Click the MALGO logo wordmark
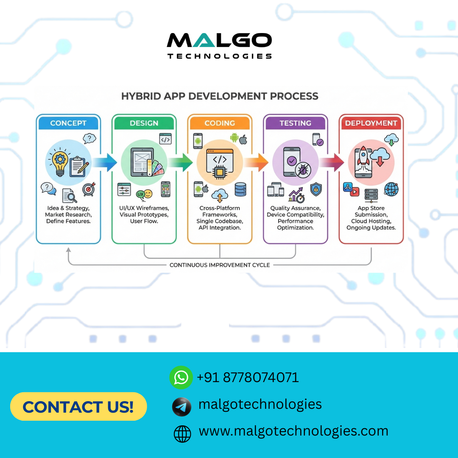[219, 41]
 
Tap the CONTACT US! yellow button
[78, 407]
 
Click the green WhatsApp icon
[181, 377]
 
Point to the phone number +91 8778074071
[248, 377]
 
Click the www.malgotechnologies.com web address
[293, 431]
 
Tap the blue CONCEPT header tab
[68, 123]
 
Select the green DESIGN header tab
[144, 123]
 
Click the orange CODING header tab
[220, 123]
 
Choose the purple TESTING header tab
[295, 123]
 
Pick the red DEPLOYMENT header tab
[371, 123]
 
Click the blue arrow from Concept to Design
[106, 162]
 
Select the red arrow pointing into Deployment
[333, 162]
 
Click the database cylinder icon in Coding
[240, 189]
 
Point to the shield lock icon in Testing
[316, 189]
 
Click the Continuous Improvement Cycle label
[220, 265]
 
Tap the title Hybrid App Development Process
[220, 96]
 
